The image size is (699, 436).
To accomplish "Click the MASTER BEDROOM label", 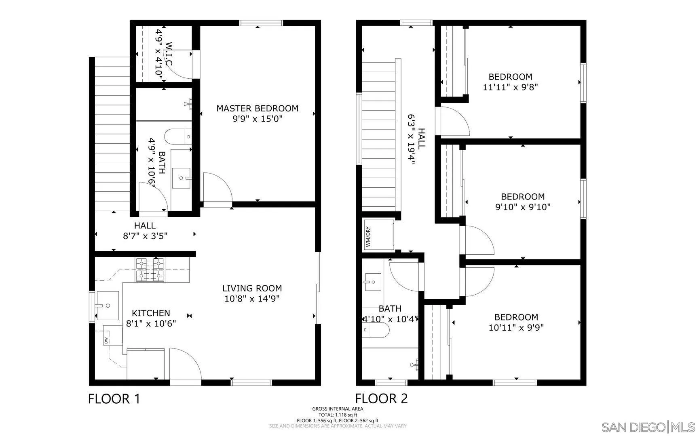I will pyautogui.click(x=257, y=108).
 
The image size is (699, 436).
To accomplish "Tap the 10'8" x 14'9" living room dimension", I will pyautogui.click(x=252, y=299).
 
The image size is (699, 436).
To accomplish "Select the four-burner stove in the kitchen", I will pyautogui.click(x=150, y=270).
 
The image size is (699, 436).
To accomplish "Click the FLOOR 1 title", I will pyautogui.click(x=114, y=399).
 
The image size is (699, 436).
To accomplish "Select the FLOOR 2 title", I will pyautogui.click(x=381, y=399).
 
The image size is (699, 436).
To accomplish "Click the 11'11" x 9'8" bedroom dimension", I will pyautogui.click(x=510, y=87).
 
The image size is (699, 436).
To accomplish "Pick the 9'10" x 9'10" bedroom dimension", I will pyautogui.click(x=523, y=207).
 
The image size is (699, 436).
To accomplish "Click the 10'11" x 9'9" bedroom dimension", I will pyautogui.click(x=516, y=327).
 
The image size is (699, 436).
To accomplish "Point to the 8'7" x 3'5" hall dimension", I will pyautogui.click(x=145, y=236).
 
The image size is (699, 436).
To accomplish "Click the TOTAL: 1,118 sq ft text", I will pyautogui.click(x=338, y=415).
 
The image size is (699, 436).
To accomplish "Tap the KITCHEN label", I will pyautogui.click(x=151, y=313).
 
